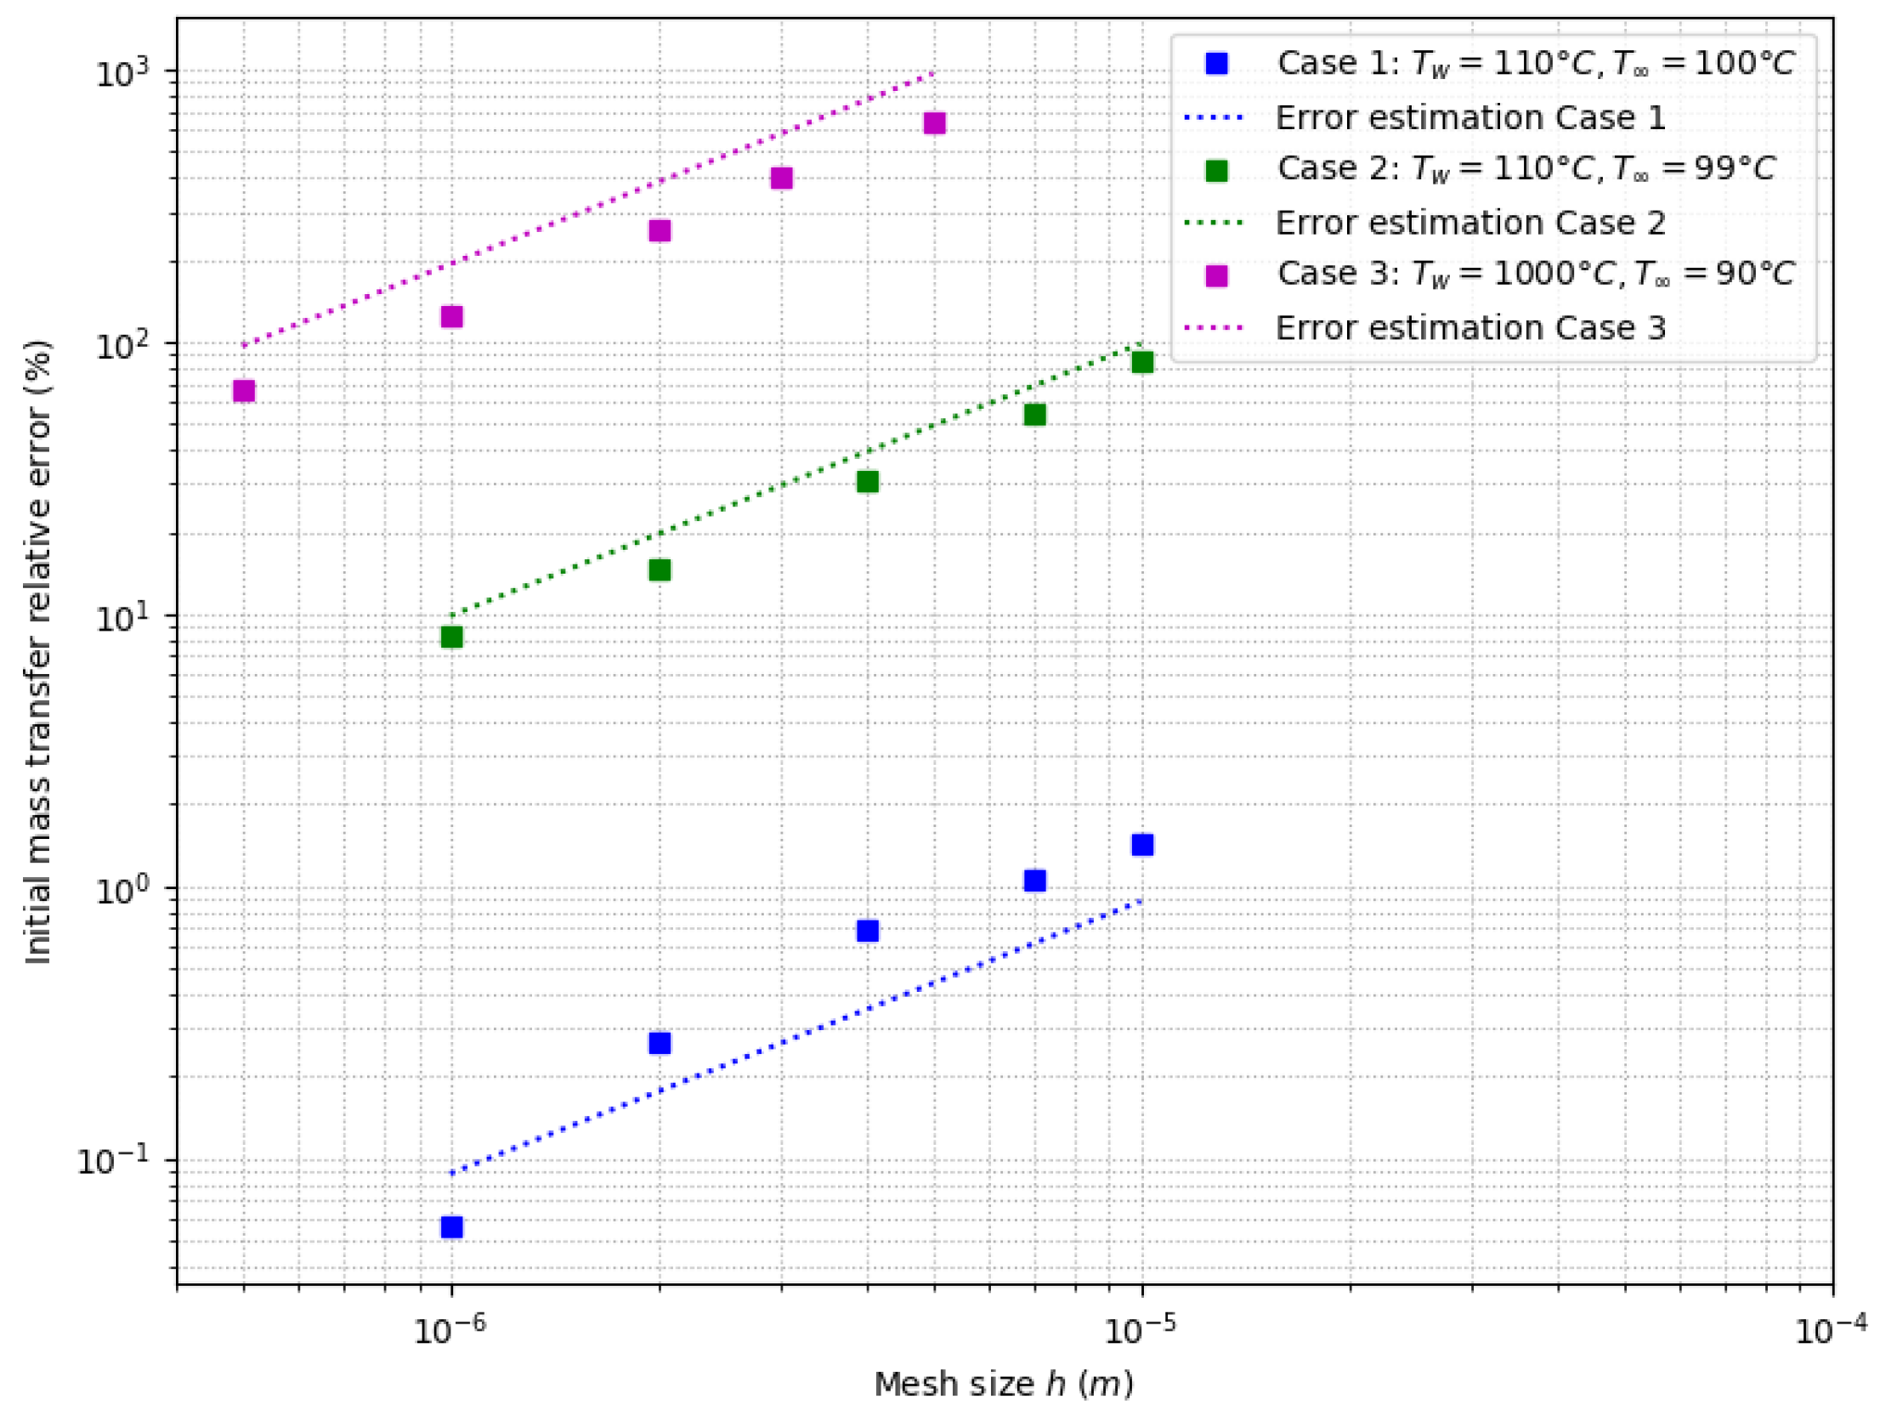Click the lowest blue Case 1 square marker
click(451, 1226)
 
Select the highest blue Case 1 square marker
click(1142, 844)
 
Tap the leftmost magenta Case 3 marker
click(244, 390)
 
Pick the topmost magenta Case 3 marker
click(934, 123)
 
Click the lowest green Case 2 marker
click(451, 637)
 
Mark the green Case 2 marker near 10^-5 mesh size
click(1142, 362)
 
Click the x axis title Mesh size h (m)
click(1004, 1385)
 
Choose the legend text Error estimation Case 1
click(1470, 117)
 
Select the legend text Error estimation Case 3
click(1470, 327)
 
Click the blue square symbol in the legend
click(1216, 64)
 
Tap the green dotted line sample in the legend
click(1215, 223)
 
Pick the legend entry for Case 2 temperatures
click(1526, 169)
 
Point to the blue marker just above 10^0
click(1034, 880)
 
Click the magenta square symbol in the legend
click(1216, 275)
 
